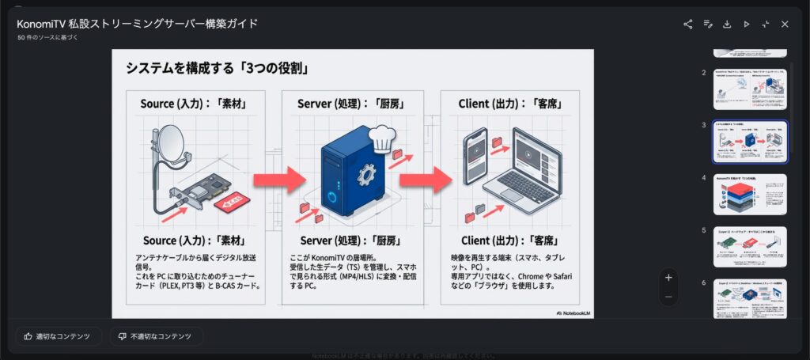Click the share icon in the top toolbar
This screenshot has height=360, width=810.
tap(688, 24)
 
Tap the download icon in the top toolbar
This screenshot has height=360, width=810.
tap(727, 24)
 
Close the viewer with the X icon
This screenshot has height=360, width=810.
tap(785, 24)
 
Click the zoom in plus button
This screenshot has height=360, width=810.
tap(668, 277)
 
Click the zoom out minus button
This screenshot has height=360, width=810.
tap(668, 297)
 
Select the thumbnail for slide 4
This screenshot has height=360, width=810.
tap(750, 194)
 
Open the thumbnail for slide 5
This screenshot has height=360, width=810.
tap(750, 247)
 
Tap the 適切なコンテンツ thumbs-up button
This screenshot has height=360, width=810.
tap(59, 336)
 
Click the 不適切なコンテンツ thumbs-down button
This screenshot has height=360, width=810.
tap(156, 336)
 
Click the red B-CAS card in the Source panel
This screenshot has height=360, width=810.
tap(231, 204)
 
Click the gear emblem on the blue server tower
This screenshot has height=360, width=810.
tap(365, 173)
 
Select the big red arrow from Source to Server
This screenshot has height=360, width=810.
tap(284, 180)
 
